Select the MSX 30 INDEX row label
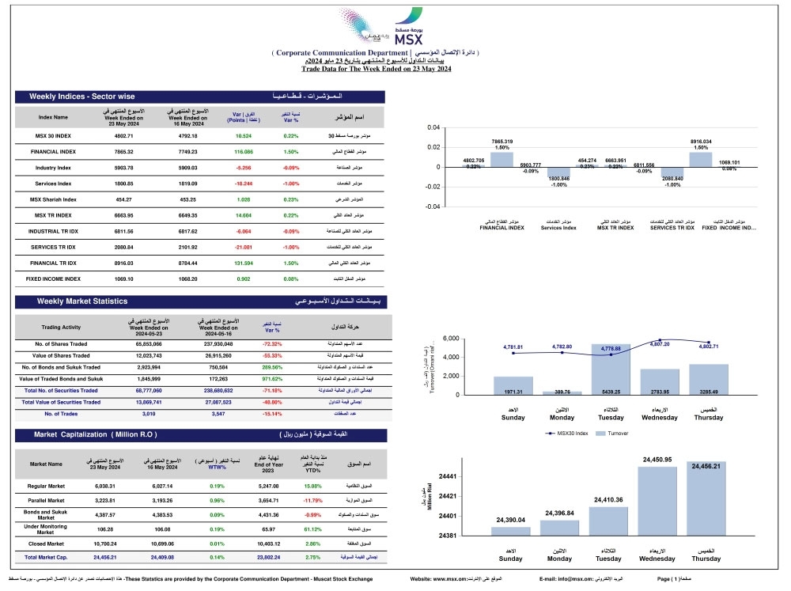(x=54, y=136)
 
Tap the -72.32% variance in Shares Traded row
(x=272, y=345)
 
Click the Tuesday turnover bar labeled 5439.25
(x=611, y=369)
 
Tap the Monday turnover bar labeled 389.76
(x=562, y=392)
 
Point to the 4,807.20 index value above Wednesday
(x=659, y=344)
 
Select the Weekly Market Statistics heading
(x=82, y=301)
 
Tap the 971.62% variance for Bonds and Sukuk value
(x=272, y=379)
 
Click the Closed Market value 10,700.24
(x=105, y=545)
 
